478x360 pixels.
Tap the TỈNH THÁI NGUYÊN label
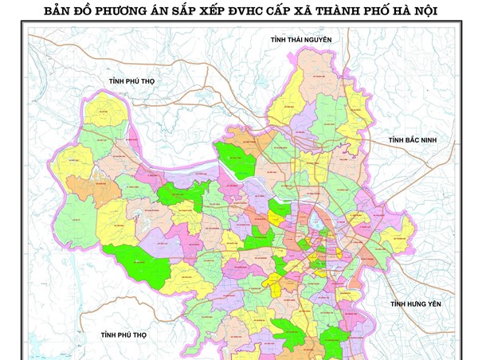pyautogui.click(x=305, y=40)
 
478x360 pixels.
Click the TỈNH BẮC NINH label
pyautogui.click(x=413, y=141)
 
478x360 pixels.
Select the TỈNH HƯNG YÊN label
pyautogui.click(x=415, y=304)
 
